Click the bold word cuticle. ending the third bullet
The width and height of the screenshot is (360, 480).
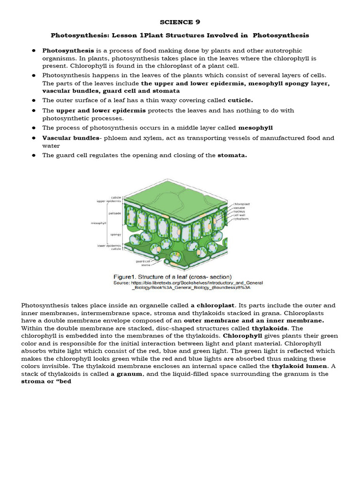click(x=240, y=100)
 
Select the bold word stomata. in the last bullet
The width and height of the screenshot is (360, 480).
click(x=232, y=155)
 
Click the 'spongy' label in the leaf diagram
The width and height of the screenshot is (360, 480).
click(x=116, y=234)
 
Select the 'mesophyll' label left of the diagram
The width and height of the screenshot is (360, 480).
click(x=98, y=223)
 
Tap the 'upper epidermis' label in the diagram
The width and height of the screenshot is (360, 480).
click(x=109, y=201)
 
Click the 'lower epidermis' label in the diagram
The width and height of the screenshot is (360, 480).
click(x=109, y=245)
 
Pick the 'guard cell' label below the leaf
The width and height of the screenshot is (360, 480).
click(x=143, y=261)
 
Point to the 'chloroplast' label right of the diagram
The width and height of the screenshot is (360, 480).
click(x=242, y=204)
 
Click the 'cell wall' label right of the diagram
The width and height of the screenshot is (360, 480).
click(x=240, y=215)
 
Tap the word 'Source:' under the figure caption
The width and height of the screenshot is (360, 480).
click(x=122, y=283)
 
